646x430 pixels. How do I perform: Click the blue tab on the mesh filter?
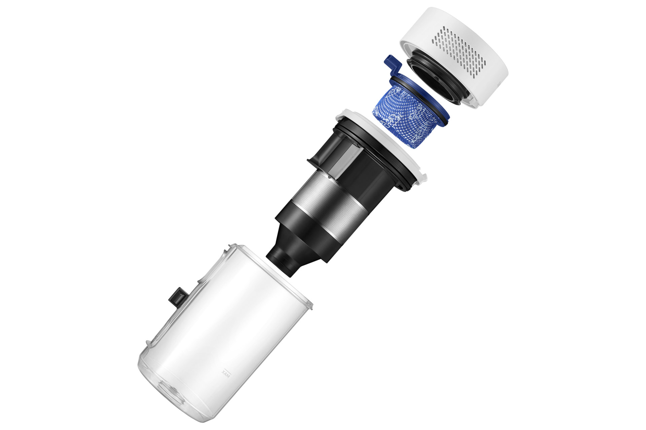390,64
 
